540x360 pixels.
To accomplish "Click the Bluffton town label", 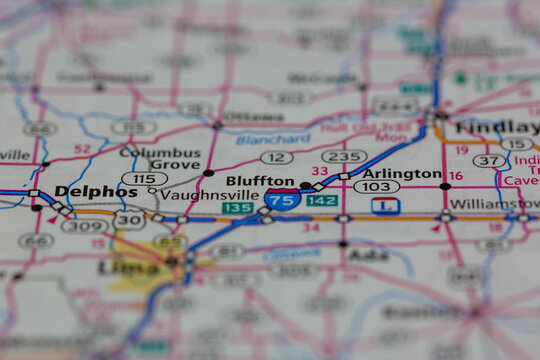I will point(260,181).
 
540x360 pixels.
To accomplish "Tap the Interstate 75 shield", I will point(282,199).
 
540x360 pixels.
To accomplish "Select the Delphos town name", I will point(96,191).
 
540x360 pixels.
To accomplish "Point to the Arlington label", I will point(409,173).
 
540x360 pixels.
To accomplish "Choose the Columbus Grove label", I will point(160,158).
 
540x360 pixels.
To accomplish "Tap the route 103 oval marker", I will point(376,187).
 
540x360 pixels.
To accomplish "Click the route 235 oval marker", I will point(343,157).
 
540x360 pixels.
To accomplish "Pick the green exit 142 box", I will point(322,201).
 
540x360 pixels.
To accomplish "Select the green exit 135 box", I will point(237,208).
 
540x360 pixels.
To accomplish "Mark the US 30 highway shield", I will point(129,219).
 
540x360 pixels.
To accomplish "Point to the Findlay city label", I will point(495,127).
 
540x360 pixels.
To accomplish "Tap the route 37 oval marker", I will point(490,160).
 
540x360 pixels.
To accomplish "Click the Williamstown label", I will point(494,204).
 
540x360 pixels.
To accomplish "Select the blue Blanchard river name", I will point(273,140).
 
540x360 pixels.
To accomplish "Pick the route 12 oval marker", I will point(276,158).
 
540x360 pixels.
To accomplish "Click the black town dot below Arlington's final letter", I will point(445,186).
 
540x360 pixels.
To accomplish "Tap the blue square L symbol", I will point(386,205).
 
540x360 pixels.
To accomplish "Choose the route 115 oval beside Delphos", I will point(144,178).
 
